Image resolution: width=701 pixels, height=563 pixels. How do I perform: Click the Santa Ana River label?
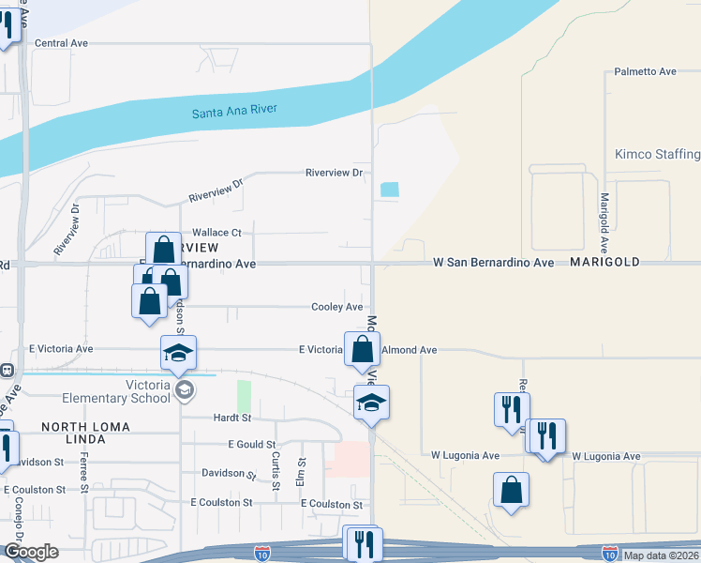pos(234,112)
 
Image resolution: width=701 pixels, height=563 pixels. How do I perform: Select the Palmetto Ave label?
pos(645,71)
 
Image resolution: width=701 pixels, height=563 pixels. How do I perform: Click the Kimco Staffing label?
pos(657,154)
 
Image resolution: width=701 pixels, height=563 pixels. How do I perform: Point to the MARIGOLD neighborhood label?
pos(604,264)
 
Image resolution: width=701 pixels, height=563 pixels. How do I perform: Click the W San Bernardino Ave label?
pos(494,264)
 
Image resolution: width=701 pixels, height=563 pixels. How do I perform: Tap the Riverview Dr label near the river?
pos(334,173)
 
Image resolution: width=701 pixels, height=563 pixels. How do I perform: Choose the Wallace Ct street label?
pos(216,233)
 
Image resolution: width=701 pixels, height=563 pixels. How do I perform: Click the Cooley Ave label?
pos(337,307)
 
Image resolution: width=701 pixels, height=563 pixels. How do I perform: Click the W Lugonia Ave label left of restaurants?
pos(461,455)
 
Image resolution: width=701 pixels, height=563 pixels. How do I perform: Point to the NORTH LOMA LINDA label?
pos(90,427)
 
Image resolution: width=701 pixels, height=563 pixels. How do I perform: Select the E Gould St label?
pos(252,444)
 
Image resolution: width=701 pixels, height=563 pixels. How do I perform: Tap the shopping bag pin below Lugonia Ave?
pos(511,489)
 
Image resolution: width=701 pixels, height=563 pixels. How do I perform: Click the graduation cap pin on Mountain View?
pos(371,403)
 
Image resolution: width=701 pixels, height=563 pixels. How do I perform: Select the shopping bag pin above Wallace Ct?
pos(163,250)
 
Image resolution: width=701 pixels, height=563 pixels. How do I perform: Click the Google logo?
pos(31,552)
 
